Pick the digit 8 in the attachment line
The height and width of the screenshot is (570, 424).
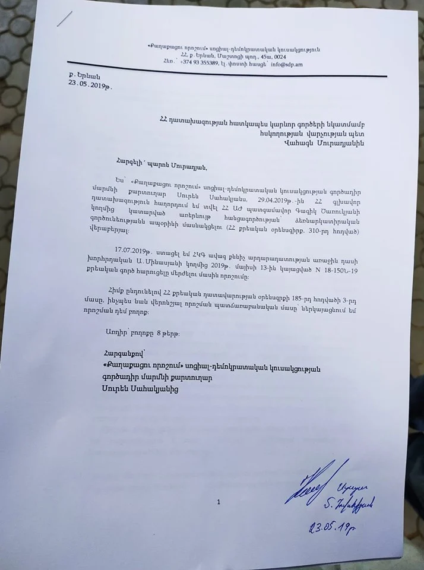point(156,334)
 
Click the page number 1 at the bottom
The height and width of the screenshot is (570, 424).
point(219,502)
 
